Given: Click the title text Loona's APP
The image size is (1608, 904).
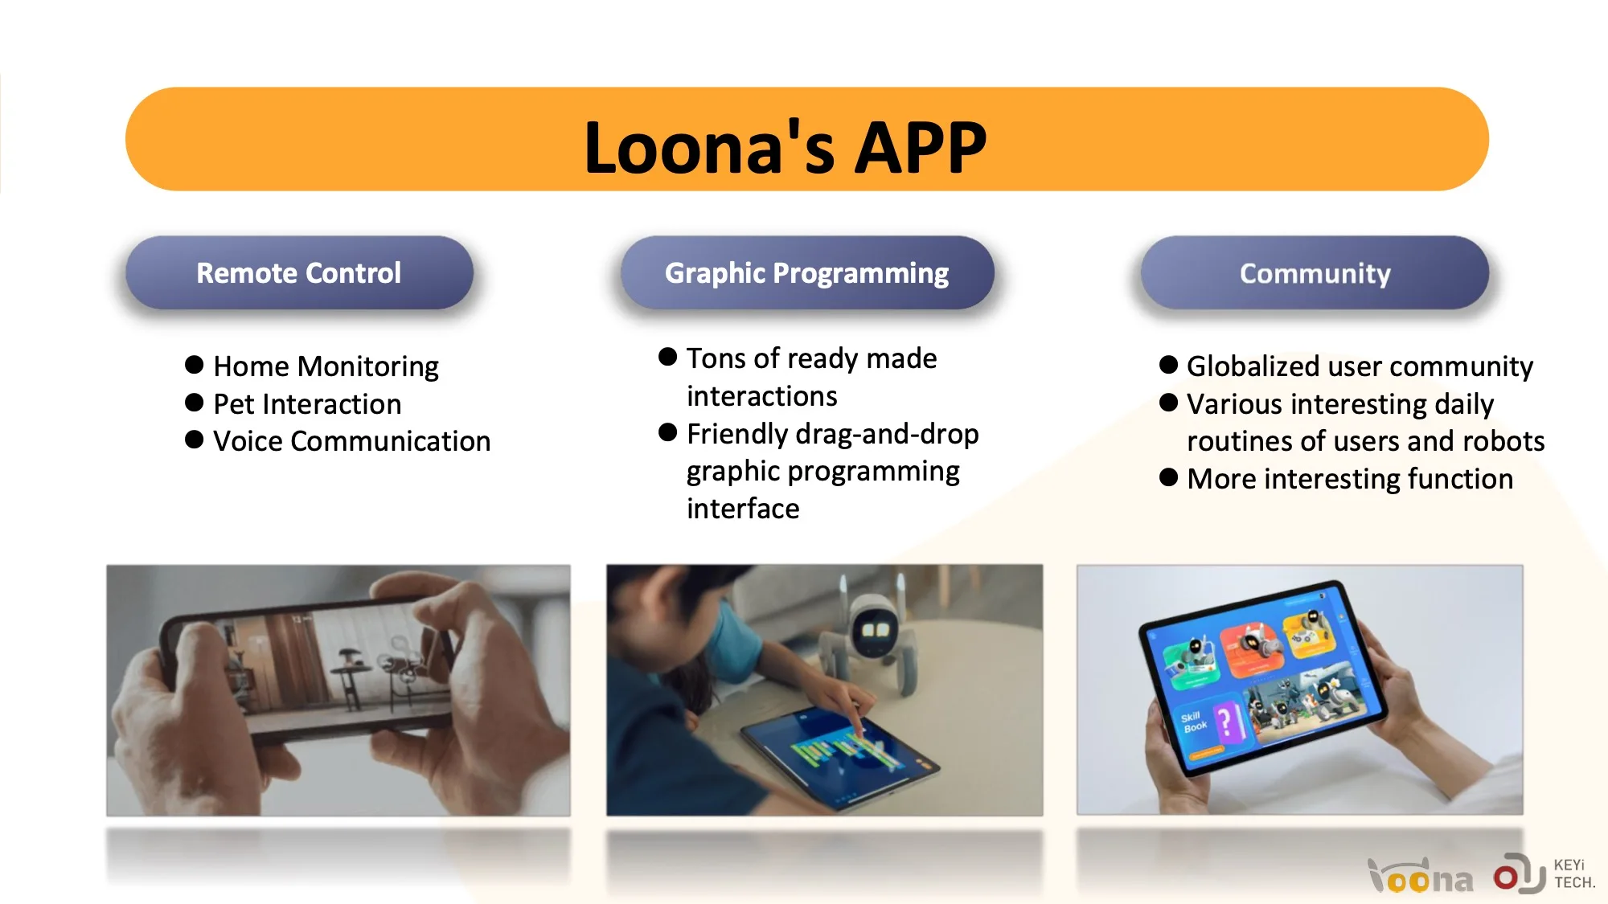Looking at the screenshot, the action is coord(786,147).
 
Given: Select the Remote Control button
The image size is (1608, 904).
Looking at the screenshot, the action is coord(299,273).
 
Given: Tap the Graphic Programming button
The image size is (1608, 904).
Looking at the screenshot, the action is coord(807,273).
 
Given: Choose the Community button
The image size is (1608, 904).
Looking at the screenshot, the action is coord(1315,273).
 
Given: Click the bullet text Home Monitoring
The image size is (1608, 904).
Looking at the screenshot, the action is coord(326,366).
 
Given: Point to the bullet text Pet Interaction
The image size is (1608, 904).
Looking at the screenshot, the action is coord(307,403).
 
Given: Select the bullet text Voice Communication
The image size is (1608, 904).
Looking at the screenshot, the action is coord(351,441).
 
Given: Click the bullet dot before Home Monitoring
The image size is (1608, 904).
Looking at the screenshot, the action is coord(194,365).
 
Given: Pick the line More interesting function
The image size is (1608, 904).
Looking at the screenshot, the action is coord(1350,479).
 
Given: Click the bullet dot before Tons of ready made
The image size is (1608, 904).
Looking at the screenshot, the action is coord(667,357).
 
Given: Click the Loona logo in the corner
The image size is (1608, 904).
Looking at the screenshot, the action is coord(1421,877).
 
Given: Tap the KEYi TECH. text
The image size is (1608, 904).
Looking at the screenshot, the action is coord(1573,873).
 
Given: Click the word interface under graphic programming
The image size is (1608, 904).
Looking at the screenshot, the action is coord(743,509).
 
